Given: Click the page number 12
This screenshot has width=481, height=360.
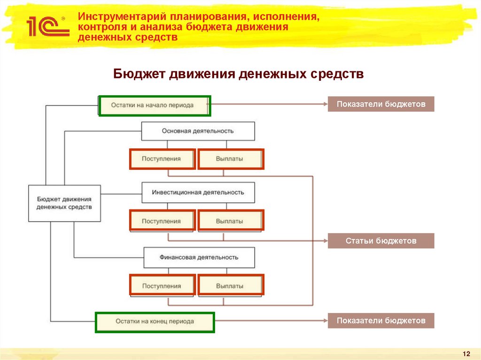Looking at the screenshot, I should (x=466, y=353).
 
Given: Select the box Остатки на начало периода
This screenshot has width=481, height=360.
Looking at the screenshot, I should (x=154, y=106).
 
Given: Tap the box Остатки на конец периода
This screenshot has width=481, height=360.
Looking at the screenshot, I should (x=155, y=322).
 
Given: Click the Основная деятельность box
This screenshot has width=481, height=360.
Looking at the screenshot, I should (x=198, y=131).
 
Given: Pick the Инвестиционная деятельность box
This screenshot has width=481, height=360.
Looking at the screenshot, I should (x=198, y=192).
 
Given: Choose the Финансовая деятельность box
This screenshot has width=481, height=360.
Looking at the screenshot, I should (x=199, y=257).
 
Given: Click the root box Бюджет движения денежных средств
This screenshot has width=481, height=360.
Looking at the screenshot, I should (x=64, y=203).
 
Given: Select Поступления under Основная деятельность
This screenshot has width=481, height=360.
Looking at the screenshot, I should (x=162, y=159).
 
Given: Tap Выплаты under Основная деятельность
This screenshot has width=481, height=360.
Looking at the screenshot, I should (x=230, y=159).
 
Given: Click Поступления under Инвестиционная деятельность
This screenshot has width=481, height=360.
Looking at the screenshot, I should (x=162, y=221).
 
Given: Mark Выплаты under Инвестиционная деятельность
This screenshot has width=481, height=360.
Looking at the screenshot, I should (x=230, y=221).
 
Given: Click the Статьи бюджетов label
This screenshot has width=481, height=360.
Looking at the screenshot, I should (x=381, y=241).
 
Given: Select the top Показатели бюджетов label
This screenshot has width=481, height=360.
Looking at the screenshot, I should (x=381, y=104).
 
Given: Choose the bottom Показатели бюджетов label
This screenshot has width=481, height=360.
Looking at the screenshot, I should (x=381, y=321).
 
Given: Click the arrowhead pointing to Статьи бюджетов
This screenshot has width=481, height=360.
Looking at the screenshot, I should (x=325, y=241).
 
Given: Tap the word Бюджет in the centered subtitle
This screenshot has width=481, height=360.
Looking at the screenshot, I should (x=140, y=74).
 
